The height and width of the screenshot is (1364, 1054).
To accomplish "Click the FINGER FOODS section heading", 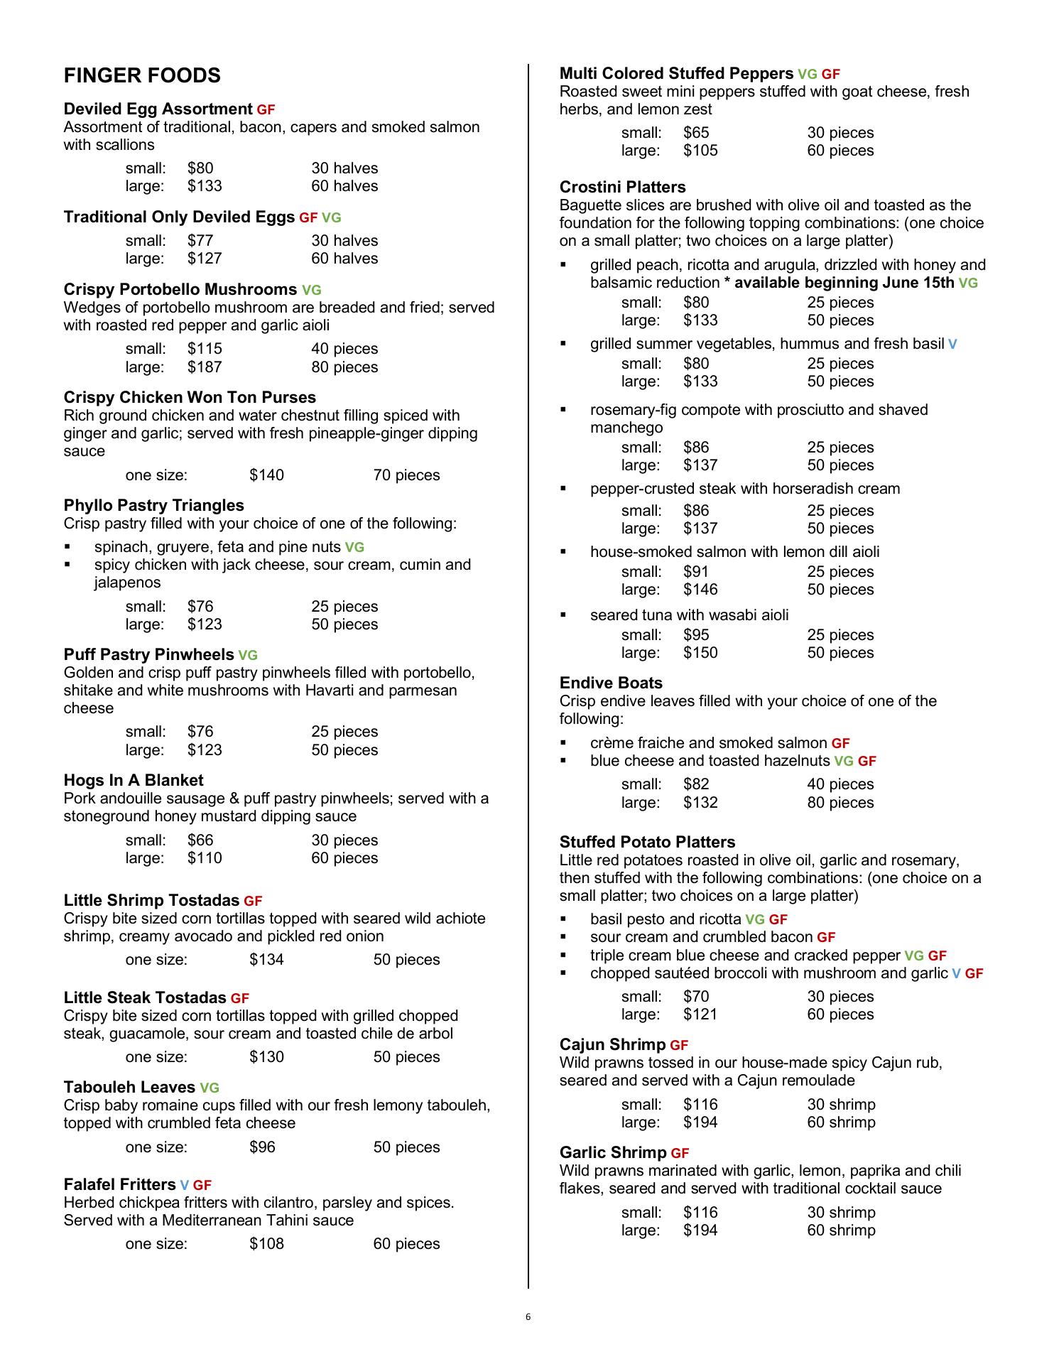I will coord(142,76).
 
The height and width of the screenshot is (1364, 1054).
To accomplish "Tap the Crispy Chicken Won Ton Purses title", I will coord(190,397).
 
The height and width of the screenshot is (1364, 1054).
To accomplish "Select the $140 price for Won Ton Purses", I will coord(266,475).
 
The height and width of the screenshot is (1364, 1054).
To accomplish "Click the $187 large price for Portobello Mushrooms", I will coord(205,367).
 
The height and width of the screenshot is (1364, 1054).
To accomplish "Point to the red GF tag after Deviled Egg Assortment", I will coord(266,110).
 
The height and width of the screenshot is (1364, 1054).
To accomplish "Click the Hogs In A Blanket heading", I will coord(134,780).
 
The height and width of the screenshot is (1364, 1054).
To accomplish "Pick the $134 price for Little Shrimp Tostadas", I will coord(266,960).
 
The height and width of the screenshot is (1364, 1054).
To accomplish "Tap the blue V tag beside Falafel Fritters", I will coord(184,1185).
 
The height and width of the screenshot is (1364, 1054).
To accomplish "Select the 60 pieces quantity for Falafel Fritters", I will coord(406,1244).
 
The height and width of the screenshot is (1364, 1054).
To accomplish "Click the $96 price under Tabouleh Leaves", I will coord(262,1147).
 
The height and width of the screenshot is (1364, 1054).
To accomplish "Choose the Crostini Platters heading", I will coord(622,187).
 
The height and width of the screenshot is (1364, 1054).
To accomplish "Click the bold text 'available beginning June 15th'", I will coord(844,283).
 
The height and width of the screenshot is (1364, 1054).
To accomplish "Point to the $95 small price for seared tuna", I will coord(696,635).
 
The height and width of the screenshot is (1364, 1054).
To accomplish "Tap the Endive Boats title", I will coord(611,683).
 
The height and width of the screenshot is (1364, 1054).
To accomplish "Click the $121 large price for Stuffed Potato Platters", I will coord(700,1014).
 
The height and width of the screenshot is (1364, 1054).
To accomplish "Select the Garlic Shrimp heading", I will coord(613,1152).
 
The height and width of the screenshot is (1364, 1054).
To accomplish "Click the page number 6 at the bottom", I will coord(528,1317).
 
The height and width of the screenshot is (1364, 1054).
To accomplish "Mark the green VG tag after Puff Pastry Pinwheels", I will coord(248,656).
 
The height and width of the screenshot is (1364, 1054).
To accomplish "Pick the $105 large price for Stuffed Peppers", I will coord(700,151).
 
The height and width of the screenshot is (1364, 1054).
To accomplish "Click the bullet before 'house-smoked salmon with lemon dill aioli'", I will coord(564,552).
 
